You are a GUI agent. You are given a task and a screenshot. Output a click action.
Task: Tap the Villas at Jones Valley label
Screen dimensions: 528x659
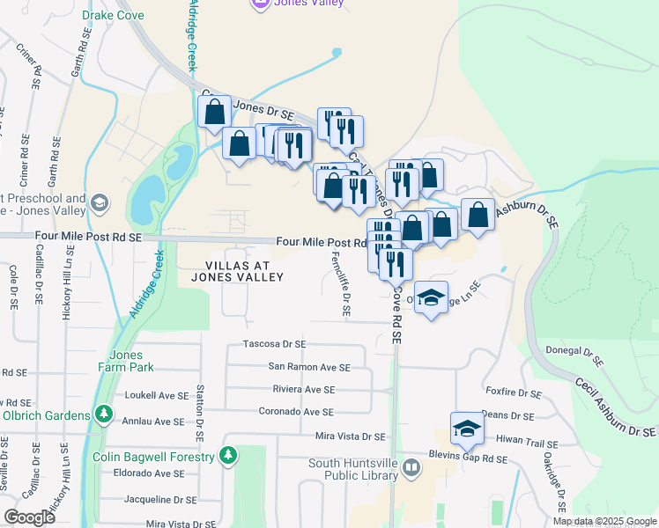[244, 271]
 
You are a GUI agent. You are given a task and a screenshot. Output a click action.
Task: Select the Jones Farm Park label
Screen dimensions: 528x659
[131, 361]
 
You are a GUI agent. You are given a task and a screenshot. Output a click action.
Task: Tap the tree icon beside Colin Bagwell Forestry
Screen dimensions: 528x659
[229, 456]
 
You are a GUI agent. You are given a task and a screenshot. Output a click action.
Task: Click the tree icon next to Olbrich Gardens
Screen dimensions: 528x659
[104, 413]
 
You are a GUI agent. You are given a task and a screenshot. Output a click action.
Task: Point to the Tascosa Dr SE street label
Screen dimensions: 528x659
[274, 344]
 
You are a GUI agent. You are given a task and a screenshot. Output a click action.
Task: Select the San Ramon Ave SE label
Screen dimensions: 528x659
[309, 367]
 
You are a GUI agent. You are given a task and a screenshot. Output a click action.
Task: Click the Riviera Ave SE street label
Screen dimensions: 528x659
[304, 389]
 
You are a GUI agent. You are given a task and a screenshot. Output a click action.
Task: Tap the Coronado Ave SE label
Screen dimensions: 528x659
[296, 411]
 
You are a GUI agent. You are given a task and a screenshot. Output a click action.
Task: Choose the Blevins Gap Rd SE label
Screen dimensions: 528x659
[475, 458]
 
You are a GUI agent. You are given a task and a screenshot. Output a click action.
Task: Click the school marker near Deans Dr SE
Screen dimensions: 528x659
[467, 429]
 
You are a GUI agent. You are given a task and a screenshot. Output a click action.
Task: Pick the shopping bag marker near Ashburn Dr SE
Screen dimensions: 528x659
[478, 215]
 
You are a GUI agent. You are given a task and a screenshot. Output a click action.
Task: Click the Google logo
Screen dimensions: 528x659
[30, 517]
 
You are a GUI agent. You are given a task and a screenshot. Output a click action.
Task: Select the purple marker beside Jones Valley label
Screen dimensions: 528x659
[260, 4]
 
